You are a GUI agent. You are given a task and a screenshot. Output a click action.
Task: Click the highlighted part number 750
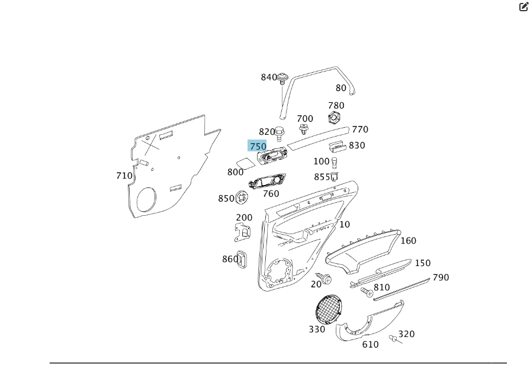tap(258, 146)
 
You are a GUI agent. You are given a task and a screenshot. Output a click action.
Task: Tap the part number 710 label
tap(124, 176)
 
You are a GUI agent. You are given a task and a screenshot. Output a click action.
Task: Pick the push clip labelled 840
tap(283, 78)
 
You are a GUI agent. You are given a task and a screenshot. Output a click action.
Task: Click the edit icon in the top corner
tap(523, 7)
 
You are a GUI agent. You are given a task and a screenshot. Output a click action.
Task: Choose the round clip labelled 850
tap(241, 197)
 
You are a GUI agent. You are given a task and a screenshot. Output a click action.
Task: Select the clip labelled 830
tap(338, 147)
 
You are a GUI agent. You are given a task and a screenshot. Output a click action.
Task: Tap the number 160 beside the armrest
tap(408, 241)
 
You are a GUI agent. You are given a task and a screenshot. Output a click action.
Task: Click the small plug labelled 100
tap(335, 162)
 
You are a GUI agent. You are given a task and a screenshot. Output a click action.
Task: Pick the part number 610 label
tap(370, 345)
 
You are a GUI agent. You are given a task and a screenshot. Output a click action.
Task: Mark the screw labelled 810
tap(367, 291)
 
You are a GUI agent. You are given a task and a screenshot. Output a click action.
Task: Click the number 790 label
tap(441, 277)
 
